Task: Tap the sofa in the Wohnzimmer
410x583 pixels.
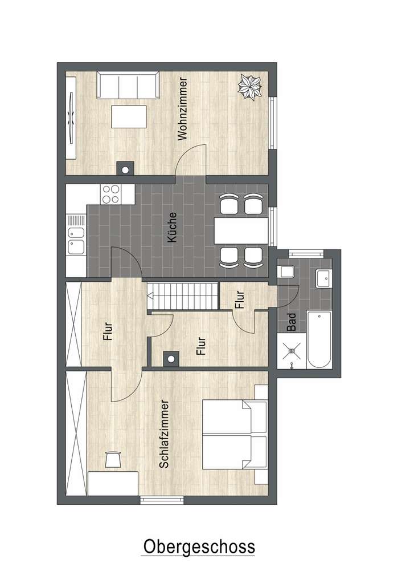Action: pos(128,86)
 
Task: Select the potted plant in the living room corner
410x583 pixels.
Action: pos(250,87)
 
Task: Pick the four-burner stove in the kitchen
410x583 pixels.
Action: pos(110,194)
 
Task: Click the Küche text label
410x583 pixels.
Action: pos(173,228)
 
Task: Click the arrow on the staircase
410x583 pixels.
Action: pos(150,296)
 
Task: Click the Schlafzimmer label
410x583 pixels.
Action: pos(165,434)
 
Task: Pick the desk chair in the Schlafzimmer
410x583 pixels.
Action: pos(113,459)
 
